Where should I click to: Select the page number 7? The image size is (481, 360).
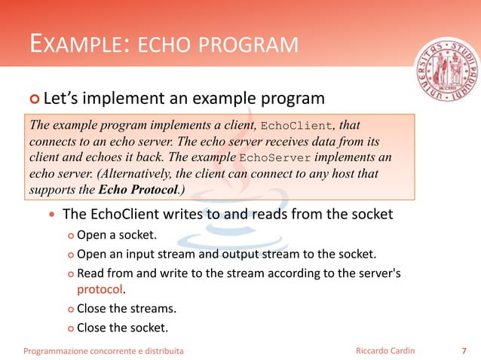coord(463,350)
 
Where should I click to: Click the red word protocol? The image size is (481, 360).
coord(99,288)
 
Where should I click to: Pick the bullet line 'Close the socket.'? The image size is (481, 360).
coord(122,327)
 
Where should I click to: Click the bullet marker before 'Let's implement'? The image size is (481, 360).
coord(33,99)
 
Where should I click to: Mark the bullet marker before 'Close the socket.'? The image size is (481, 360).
coord(69,328)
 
